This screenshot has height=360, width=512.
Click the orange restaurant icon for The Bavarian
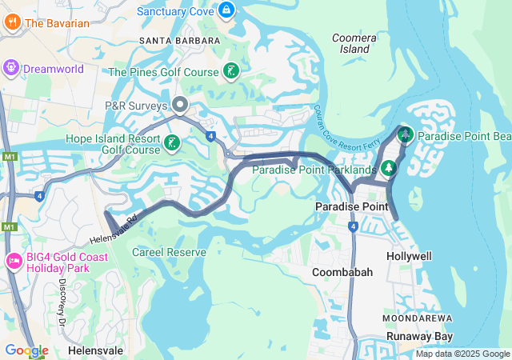point(12,22)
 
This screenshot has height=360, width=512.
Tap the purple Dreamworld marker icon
point(12,68)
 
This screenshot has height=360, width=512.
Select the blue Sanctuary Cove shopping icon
point(226,10)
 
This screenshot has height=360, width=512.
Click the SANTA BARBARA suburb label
point(179,40)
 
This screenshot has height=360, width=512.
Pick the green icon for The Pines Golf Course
point(230,72)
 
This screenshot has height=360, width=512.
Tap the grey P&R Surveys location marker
point(181,105)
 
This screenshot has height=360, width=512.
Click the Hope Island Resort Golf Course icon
point(171,143)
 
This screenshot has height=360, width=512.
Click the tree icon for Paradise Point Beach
point(405,135)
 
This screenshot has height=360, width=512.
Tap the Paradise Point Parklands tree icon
point(388,168)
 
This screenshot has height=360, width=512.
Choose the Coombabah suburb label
point(342,273)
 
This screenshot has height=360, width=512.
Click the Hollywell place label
point(409,256)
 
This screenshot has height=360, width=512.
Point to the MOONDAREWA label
point(412,318)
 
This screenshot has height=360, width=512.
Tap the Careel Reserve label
point(169,252)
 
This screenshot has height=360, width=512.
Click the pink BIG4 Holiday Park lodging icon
point(14,261)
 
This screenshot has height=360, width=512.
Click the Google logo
point(26,350)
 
